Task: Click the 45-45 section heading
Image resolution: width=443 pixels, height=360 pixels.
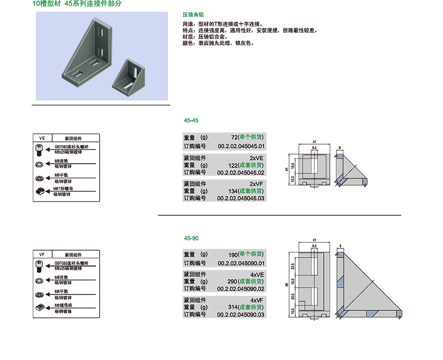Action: tap(191, 120)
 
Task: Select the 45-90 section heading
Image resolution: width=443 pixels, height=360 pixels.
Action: tap(191, 238)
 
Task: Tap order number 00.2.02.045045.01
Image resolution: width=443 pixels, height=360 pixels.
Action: tap(241, 146)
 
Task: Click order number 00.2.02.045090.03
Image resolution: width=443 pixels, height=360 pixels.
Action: tap(241, 315)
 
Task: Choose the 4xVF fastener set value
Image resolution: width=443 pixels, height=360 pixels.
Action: tap(256, 300)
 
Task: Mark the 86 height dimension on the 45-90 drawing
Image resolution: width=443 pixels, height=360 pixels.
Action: tap(287, 285)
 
